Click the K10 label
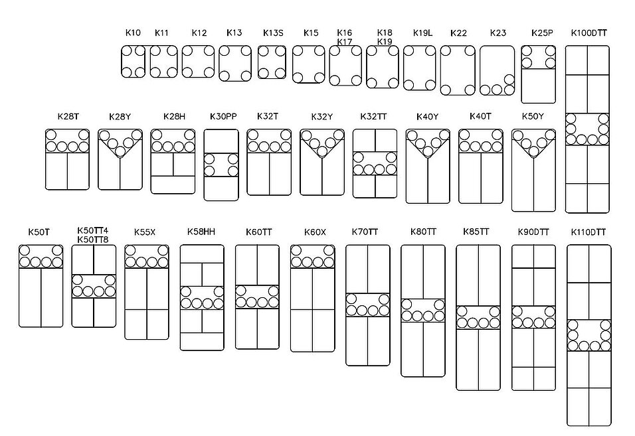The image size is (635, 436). [133, 33]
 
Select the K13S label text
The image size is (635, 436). [273, 33]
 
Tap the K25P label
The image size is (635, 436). [542, 33]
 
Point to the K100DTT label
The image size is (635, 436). [589, 33]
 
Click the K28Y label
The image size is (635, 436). [120, 117]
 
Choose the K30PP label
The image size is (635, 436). [223, 117]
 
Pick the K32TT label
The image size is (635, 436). [373, 117]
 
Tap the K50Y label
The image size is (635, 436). [533, 117]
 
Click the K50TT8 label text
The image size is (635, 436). [93, 240]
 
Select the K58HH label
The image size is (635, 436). [201, 232]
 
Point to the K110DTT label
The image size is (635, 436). [589, 232]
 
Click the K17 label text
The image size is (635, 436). [344, 42]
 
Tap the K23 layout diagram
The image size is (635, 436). [497, 70]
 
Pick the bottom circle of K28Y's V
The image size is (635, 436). [120, 152]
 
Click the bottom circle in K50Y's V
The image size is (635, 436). [534, 152]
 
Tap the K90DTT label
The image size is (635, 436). [533, 232]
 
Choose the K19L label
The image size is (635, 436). [422, 33]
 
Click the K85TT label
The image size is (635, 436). [476, 232]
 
